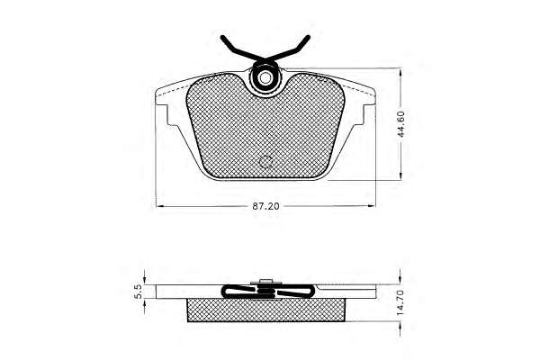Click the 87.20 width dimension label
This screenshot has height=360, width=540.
266,206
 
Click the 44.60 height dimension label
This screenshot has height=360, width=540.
401,124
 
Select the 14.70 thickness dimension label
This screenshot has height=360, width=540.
401,302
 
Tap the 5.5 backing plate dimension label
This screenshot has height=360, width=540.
138,292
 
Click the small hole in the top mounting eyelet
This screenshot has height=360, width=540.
265,78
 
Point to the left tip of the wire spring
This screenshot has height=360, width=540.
222,37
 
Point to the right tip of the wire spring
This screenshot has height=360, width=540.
308,37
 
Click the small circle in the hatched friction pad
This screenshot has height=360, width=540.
265,161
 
